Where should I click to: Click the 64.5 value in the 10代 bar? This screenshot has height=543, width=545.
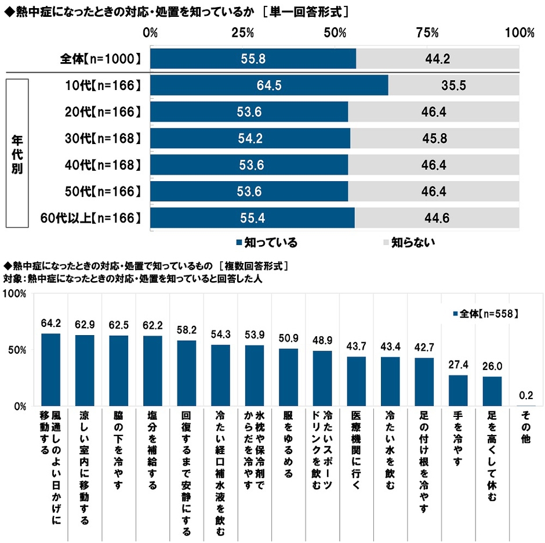268,85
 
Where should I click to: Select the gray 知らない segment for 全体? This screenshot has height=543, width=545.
438,59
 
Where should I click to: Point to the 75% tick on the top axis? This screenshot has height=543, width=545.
427,33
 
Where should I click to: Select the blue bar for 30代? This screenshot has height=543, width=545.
250,138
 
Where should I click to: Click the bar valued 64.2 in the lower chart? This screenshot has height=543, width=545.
50,369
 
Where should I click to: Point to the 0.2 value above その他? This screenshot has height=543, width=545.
525,396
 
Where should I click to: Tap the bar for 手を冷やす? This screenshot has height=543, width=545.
457,390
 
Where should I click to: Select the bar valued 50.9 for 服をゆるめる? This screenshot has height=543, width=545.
288,377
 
